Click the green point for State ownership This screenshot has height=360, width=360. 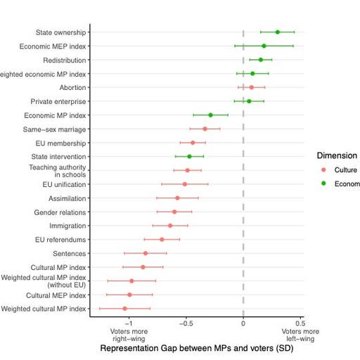tap(277, 32)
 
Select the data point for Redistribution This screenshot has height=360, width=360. tap(260, 60)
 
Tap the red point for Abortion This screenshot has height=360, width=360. tap(251, 87)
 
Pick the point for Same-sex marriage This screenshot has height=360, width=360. tap(205, 129)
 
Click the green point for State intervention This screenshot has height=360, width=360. tap(189, 157)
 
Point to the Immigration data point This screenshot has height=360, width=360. tap(169, 226)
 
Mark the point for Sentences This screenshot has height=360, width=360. tap(146, 253)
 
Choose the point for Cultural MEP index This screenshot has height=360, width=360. tap(129, 295)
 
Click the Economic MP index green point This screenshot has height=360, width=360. tap(210, 115)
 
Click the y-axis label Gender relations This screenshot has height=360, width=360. tap(60, 212)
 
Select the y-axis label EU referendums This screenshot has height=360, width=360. tap(60, 240)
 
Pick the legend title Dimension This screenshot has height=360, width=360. tap(336, 155)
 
